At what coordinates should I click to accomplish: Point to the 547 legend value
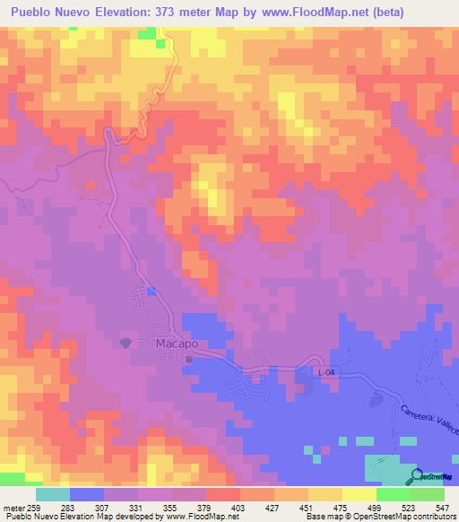(x=444, y=507)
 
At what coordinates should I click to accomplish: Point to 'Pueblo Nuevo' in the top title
(x=43, y=13)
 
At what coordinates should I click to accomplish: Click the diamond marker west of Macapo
(x=126, y=343)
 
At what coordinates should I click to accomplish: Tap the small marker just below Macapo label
(x=189, y=360)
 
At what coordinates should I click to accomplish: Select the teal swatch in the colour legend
(x=53, y=494)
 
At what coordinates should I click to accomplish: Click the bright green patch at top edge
(x=145, y=33)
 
